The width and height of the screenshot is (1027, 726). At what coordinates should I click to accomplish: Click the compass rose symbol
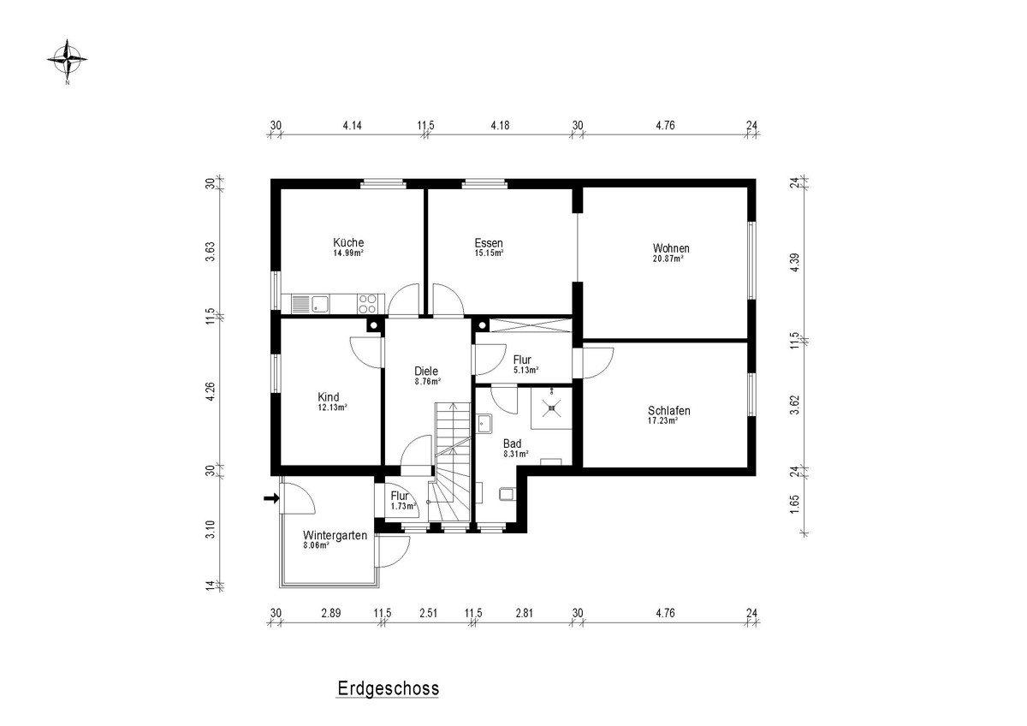[x=68, y=60]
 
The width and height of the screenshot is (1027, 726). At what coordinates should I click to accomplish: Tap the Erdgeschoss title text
[x=389, y=688]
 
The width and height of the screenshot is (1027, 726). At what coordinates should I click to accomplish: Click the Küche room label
[x=348, y=242]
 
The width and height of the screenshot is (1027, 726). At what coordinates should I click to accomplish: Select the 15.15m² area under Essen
[x=489, y=253]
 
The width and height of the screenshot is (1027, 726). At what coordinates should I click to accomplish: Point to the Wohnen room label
[x=671, y=248]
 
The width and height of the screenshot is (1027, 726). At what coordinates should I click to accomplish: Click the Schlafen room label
[x=669, y=410]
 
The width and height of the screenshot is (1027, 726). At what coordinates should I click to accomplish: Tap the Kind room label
[x=329, y=396]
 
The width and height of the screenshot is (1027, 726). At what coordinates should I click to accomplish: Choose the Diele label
[x=426, y=371]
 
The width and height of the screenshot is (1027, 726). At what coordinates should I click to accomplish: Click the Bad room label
[x=512, y=443]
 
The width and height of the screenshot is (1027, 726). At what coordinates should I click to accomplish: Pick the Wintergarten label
[x=335, y=535]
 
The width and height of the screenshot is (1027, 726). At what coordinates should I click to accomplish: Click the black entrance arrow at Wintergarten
[x=271, y=498]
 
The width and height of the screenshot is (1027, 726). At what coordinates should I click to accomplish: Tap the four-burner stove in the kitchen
[x=368, y=304]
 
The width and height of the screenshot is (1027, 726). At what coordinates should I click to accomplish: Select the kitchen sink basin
[x=320, y=304]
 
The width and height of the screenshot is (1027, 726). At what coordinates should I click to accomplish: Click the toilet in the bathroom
[x=506, y=494]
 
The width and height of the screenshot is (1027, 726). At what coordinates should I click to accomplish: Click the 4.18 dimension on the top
[x=500, y=125]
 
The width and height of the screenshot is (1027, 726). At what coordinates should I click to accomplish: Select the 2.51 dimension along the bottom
[x=428, y=613]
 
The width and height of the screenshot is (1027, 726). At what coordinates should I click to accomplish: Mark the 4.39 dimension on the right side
[x=795, y=262]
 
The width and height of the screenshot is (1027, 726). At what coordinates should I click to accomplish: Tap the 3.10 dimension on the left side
[x=210, y=530]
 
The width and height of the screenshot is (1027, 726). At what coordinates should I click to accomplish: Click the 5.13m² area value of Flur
[x=525, y=370]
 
